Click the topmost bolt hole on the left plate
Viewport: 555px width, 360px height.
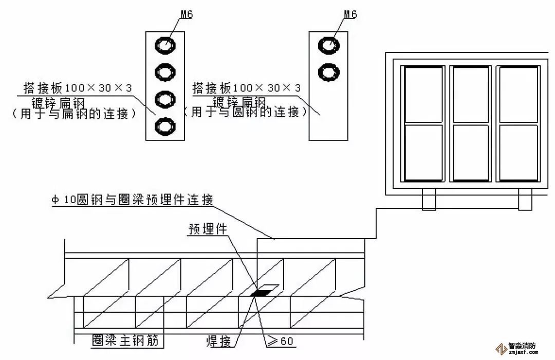point(165,45)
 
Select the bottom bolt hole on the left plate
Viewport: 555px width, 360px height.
point(165,125)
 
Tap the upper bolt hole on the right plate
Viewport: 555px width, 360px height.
point(328,45)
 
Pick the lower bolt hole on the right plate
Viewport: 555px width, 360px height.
point(328,71)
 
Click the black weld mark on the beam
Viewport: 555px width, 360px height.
point(260,293)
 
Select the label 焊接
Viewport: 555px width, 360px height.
point(218,340)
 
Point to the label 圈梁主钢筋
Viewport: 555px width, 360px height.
point(121,340)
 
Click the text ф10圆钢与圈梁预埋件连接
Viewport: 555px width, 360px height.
point(132,199)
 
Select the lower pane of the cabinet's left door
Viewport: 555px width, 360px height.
point(424,152)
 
